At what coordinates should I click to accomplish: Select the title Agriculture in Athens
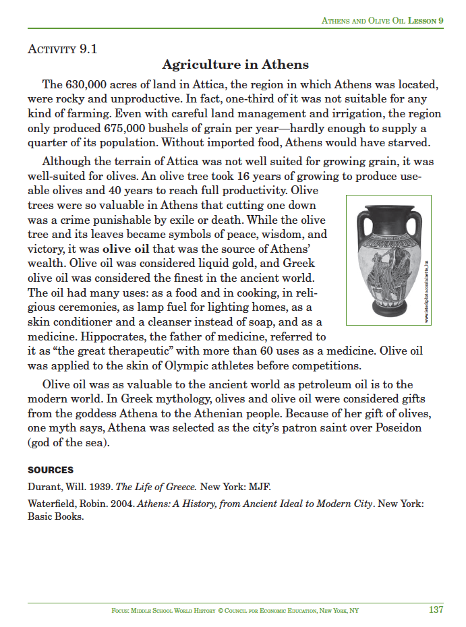coord(235,65)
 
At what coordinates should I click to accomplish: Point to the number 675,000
coord(147,128)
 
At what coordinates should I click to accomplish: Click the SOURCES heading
coord(51,470)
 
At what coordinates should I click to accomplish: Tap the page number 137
coord(436,609)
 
